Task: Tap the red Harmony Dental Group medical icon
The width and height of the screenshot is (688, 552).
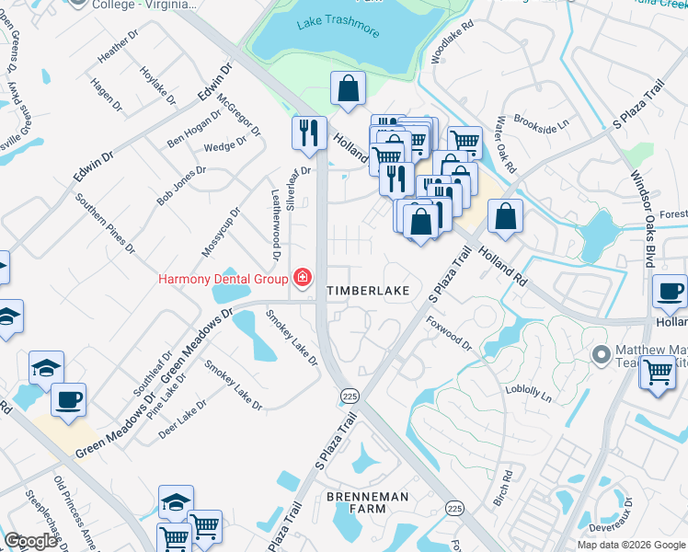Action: pos(301,277)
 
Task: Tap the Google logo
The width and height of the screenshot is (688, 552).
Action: pos(30,541)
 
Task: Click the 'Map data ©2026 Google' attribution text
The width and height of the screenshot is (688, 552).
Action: pos(631,545)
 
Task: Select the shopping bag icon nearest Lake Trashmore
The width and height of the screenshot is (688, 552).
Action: pos(349,89)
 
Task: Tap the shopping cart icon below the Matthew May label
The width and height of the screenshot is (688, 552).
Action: pos(657,374)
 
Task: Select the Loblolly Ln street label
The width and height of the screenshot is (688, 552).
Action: pos(528,394)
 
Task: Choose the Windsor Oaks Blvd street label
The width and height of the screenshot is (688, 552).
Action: pos(641,207)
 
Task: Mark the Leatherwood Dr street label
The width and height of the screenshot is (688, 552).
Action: pos(275,213)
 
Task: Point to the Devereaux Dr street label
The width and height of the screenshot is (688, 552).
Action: pos(627,516)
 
